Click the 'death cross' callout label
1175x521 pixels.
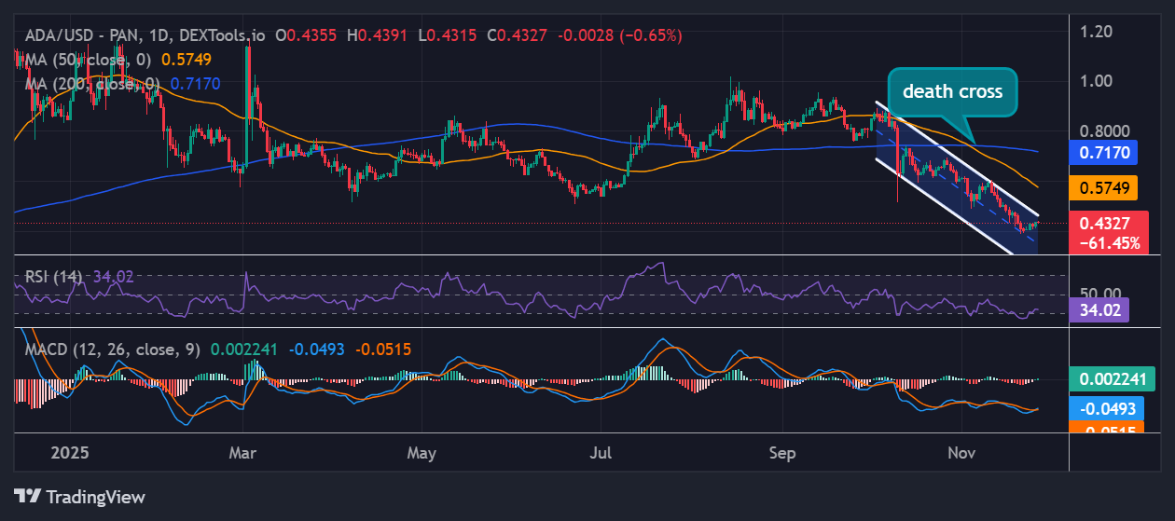(x=951, y=91)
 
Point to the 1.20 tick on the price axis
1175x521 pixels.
(x=1097, y=32)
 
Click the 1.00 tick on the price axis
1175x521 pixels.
(x=1097, y=80)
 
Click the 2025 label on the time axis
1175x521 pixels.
(x=69, y=453)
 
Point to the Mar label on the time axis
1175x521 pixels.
(x=242, y=453)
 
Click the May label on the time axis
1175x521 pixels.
(x=422, y=453)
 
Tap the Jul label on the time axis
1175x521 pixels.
(x=601, y=453)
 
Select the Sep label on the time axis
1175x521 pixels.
(x=782, y=453)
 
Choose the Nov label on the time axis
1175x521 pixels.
(x=961, y=453)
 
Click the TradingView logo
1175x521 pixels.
(x=80, y=497)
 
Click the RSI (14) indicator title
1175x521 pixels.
(x=54, y=276)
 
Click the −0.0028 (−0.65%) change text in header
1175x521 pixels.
(x=620, y=35)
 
